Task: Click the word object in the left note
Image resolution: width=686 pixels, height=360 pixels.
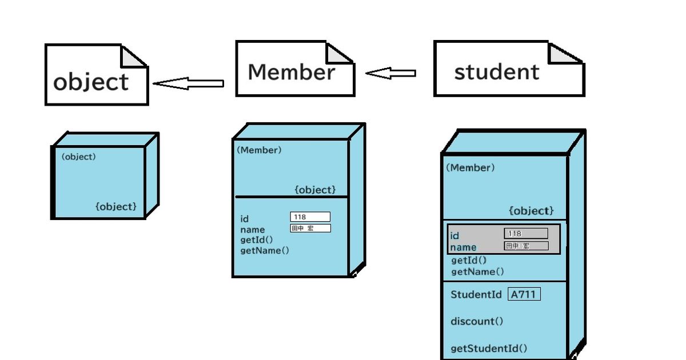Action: tap(91, 82)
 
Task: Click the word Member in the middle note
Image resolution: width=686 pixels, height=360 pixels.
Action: tap(291, 72)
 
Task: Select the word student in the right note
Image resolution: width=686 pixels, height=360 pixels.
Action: tap(496, 72)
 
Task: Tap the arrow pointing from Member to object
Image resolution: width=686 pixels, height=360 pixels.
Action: tap(189, 84)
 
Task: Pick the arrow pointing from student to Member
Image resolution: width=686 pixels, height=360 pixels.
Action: tap(391, 73)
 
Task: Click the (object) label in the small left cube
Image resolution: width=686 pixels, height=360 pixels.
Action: tap(78, 157)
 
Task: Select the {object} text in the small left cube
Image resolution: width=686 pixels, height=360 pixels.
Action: tap(116, 206)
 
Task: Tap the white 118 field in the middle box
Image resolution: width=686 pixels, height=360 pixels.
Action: tap(310, 217)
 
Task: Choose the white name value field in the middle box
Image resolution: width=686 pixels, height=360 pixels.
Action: tap(310, 228)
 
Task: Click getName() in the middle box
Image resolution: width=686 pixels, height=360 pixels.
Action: tap(265, 250)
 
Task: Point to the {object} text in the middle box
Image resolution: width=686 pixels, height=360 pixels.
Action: tap(315, 190)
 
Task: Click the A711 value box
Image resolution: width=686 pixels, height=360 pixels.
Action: tap(524, 295)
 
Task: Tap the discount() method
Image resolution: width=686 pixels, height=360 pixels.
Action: tap(477, 321)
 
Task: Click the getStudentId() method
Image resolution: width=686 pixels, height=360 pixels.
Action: tap(489, 349)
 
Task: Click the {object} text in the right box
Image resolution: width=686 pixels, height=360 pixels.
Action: tap(531, 211)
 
